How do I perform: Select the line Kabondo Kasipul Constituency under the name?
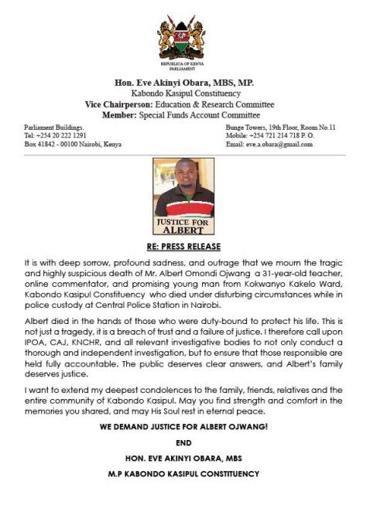[184, 94]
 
